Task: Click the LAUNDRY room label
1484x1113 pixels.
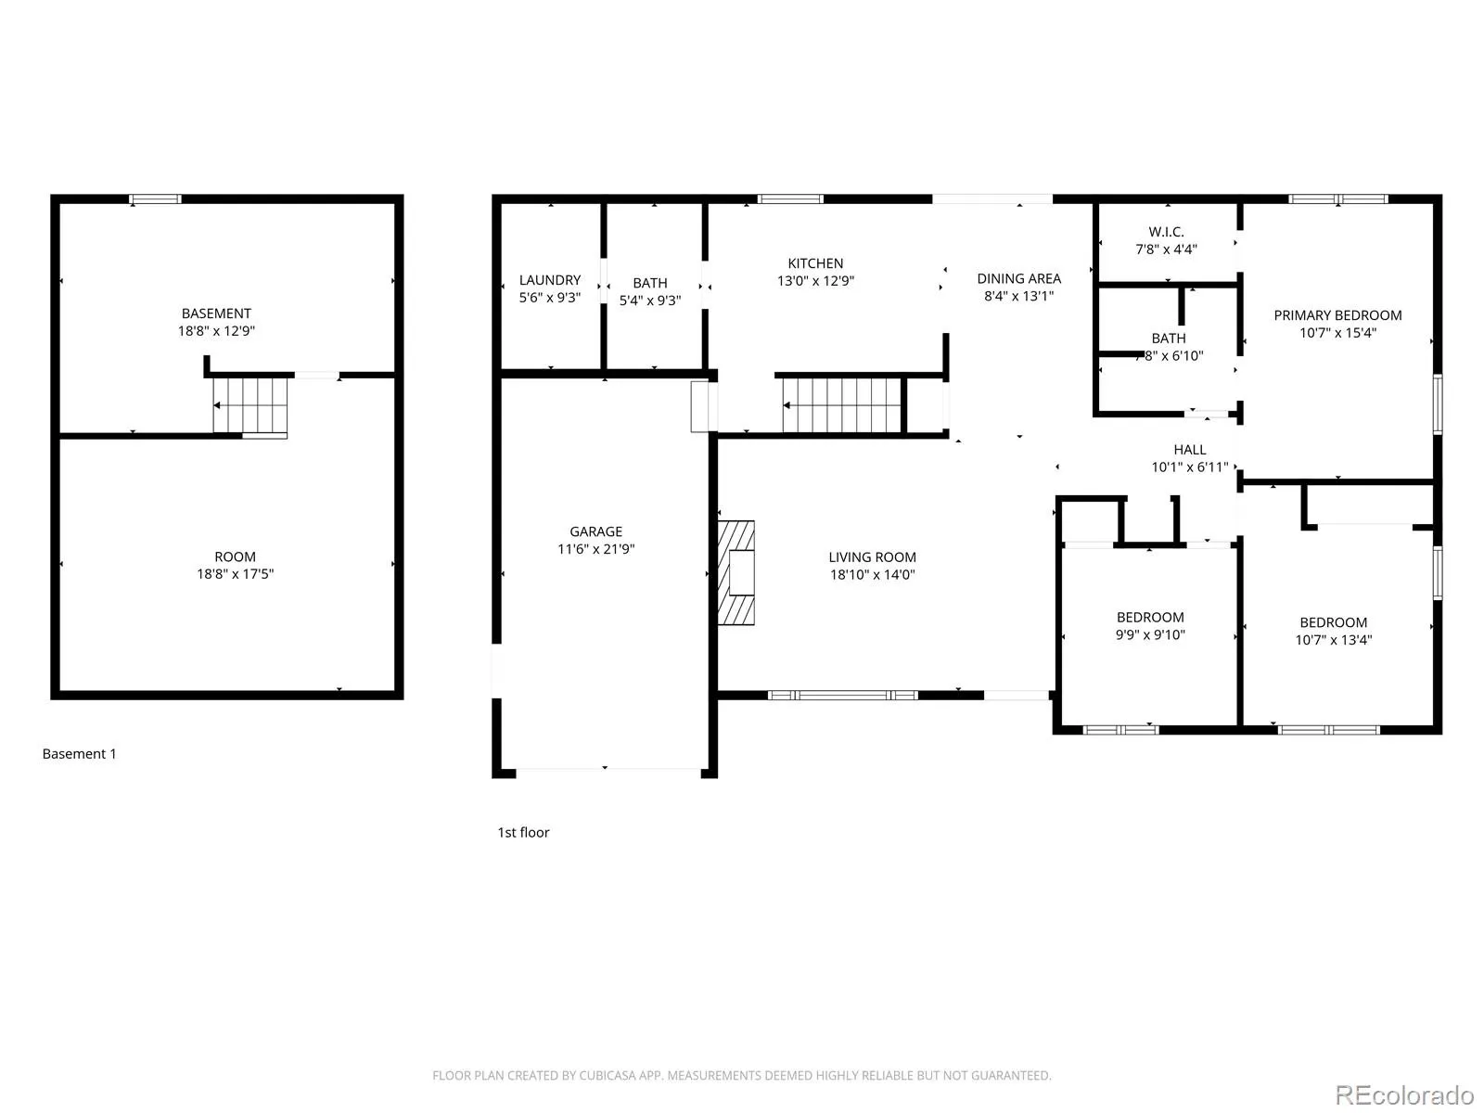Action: tap(550, 280)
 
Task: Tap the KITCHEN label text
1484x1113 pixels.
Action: tap(815, 262)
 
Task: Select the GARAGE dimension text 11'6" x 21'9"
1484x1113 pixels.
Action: tap(595, 549)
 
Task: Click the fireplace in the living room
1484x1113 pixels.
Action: tap(736, 572)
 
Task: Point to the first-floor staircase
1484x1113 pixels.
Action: tap(842, 404)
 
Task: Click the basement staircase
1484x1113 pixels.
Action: tap(250, 405)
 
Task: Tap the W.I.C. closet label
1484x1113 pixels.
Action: tap(1166, 232)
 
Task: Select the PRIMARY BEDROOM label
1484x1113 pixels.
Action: tap(1337, 315)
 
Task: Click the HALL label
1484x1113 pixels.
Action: tap(1190, 450)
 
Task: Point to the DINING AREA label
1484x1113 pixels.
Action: tap(1018, 278)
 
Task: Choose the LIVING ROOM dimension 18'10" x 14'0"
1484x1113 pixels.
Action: tap(872, 574)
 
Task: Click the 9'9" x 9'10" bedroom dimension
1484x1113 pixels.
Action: tap(1150, 634)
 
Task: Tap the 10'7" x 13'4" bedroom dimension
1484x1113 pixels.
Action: tap(1333, 640)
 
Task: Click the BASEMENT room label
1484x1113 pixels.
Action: tap(216, 313)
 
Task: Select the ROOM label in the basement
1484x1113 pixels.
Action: tap(236, 556)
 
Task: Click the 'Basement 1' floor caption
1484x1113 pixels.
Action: tap(79, 753)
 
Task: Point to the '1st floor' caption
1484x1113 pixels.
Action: tap(523, 833)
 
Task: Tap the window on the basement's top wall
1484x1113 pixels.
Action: tap(156, 198)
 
